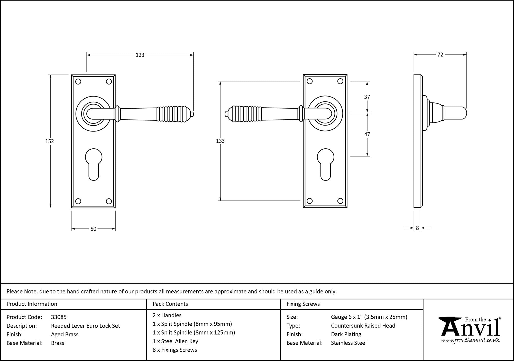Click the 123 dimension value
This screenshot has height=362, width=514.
pos(140,55)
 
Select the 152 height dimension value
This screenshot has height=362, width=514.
pos(50,141)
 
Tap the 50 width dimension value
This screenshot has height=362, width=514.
pos(93,229)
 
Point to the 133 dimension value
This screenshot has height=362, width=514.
pos(220,141)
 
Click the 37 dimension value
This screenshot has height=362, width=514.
pos(367,97)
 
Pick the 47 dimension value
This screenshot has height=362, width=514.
pos(367,134)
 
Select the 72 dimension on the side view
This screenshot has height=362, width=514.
pos(440,55)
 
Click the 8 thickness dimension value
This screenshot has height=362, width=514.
pos(417,228)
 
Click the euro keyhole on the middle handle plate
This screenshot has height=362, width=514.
pos(325,164)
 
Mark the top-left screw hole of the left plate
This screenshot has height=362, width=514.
pos(78,82)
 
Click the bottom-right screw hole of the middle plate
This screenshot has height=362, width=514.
pos(340,201)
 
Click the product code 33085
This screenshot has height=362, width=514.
pos(59,317)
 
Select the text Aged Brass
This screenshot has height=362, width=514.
pos(65,334)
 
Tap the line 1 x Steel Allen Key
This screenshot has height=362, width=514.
pos(175,341)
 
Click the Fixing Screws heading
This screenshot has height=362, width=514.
pos(303,304)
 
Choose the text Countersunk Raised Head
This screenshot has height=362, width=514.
pos(363,326)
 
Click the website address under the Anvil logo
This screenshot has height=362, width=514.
pos(470,340)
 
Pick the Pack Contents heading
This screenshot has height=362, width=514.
pos(170,304)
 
